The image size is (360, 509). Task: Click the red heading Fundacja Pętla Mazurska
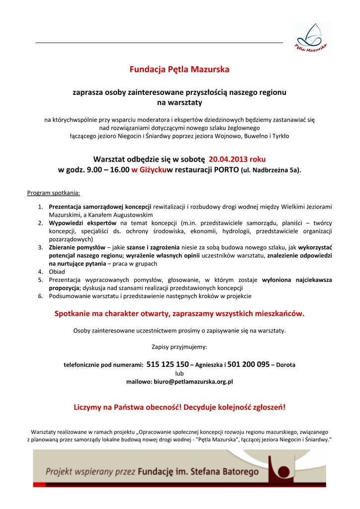[180, 70]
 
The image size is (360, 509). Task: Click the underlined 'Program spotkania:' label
[53, 192]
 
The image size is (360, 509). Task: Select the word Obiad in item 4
[57, 272]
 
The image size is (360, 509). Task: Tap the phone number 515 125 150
[168, 364]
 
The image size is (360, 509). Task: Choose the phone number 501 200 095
[248, 364]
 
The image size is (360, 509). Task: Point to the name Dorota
[285, 365]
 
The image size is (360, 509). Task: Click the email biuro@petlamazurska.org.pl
[180, 382]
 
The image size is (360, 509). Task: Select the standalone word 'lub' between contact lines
[180, 373]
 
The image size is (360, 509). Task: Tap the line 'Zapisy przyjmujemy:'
[180, 347]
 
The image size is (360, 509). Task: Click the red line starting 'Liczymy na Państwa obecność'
[180, 408]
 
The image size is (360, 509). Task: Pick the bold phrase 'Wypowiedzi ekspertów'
[83, 223]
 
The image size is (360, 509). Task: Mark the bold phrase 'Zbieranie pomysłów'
[77, 248]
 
